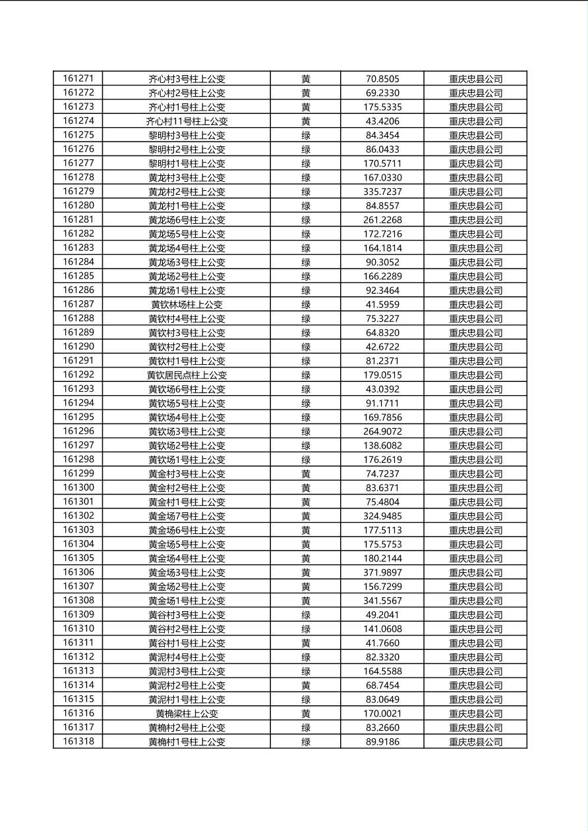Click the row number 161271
click(78, 78)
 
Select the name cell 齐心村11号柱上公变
click(187, 121)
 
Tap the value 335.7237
click(382, 192)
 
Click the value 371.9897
click(382, 572)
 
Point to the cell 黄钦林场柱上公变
click(187, 304)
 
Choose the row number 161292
click(78, 375)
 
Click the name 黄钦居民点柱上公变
click(187, 375)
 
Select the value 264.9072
click(382, 431)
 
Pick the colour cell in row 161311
click(306, 643)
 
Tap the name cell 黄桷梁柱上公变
click(187, 713)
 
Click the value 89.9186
click(382, 741)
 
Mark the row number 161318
click(78, 741)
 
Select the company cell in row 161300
click(475, 488)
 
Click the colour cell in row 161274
click(306, 121)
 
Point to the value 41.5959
click(382, 304)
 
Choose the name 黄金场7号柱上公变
click(187, 516)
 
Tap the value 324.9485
click(382, 516)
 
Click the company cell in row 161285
click(475, 277)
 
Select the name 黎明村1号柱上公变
click(187, 163)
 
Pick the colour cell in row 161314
click(306, 685)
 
